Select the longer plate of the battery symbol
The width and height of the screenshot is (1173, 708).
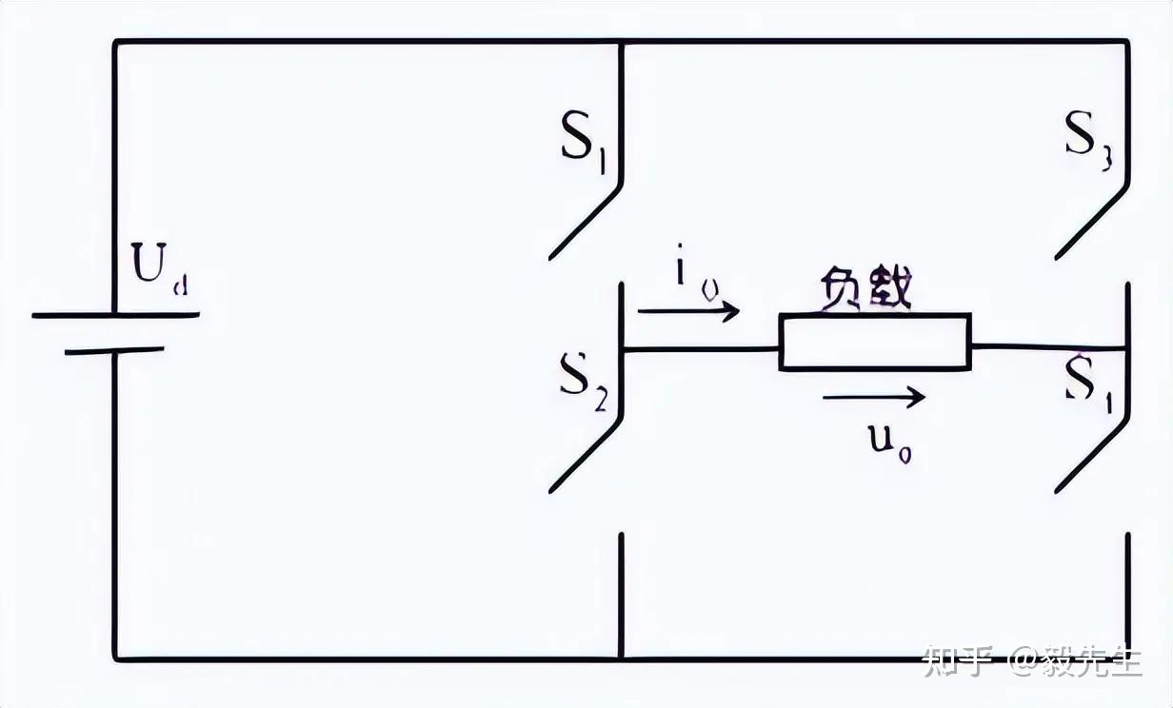click(x=115, y=315)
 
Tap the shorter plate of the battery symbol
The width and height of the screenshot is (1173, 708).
click(x=114, y=350)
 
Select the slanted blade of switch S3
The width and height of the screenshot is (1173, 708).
click(x=1091, y=221)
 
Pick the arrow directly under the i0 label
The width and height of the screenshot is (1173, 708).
click(x=688, y=310)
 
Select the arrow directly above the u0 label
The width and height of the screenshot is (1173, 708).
click(x=873, y=397)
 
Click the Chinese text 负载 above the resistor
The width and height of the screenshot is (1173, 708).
click(x=865, y=289)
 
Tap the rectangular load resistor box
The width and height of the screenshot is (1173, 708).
click(x=875, y=342)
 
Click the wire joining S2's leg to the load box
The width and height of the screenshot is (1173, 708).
click(x=701, y=349)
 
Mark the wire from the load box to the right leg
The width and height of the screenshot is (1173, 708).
click(x=1048, y=347)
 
